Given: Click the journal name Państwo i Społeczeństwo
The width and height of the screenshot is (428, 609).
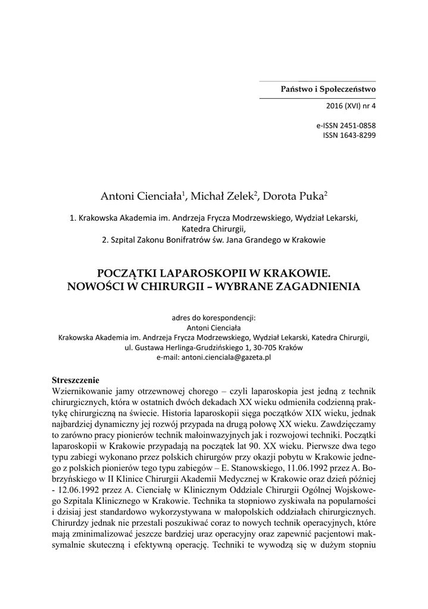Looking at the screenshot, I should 327,89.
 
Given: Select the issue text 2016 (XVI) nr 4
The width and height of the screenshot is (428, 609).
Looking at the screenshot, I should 348,105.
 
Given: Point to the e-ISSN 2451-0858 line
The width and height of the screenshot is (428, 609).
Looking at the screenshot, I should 346,125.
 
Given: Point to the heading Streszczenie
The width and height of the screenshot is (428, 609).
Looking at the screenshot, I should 75,379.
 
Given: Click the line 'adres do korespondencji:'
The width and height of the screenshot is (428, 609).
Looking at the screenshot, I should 214,317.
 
